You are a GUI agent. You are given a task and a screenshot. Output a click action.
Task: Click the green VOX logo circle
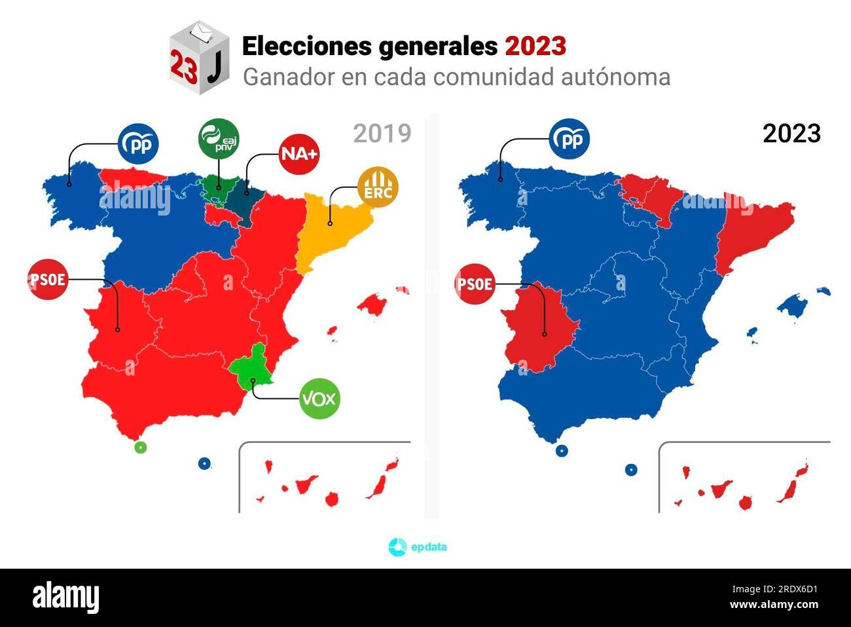click(319, 398)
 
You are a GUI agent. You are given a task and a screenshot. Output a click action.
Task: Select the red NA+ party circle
click(299, 154)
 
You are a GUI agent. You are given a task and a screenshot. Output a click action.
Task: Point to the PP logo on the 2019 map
click(138, 143)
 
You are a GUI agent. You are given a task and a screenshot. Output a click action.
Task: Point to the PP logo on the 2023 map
click(569, 139)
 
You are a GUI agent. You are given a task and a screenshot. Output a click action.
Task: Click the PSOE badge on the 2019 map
click(48, 280)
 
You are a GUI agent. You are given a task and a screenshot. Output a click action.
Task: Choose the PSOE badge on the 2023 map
click(475, 284)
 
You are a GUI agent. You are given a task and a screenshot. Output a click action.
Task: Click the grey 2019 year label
click(382, 133)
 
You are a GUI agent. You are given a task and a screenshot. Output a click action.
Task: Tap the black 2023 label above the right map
click(791, 133)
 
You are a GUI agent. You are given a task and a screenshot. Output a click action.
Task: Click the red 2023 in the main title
click(535, 47)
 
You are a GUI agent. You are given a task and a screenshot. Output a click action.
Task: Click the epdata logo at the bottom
click(417, 546)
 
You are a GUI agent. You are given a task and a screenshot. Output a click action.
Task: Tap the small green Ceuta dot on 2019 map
click(139, 447)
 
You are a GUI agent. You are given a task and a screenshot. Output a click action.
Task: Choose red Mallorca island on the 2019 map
click(373, 303)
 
